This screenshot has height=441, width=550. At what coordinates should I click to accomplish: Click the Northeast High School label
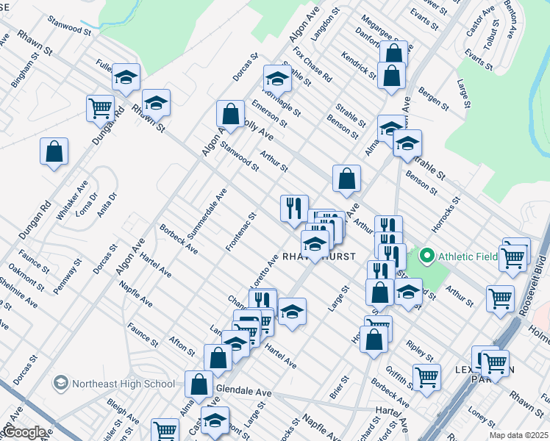tap(124, 384)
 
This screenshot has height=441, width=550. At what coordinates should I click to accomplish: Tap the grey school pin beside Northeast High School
tap(61, 384)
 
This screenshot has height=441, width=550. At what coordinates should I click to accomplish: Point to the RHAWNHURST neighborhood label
tap(319, 257)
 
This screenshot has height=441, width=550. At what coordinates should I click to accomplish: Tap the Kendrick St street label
tap(359, 65)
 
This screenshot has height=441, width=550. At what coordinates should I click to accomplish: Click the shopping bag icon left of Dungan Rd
tap(54, 151)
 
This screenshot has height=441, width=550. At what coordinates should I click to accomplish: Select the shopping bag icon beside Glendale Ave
tap(199, 383)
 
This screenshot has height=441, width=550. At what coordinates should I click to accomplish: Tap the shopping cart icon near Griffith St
tap(426, 377)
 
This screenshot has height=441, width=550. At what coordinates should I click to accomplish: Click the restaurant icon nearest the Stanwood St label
tap(294, 207)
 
